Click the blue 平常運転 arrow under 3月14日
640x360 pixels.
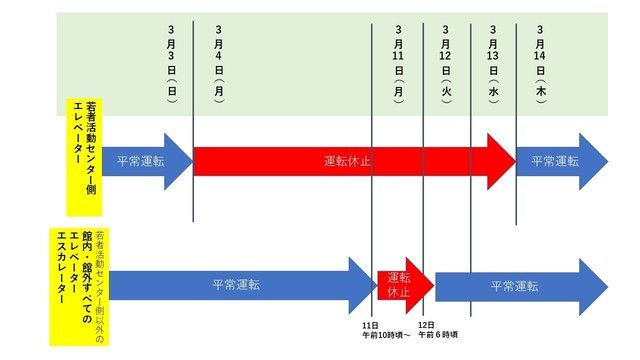558,161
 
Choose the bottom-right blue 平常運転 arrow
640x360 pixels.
515,284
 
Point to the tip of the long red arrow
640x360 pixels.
512,161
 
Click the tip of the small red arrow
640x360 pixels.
432,284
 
